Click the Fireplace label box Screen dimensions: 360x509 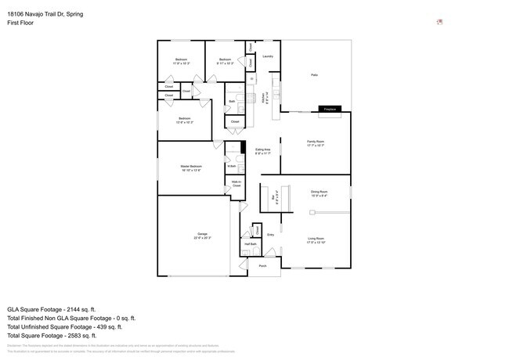330,110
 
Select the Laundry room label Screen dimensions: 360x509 267,56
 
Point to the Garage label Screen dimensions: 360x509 202,236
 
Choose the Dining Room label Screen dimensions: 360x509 319,193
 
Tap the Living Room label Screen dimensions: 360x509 316,239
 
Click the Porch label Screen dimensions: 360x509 263,266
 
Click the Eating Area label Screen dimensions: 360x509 262,150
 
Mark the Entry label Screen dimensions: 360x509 270,234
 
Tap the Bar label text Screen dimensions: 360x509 273,199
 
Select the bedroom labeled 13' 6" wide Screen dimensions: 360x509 185,121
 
